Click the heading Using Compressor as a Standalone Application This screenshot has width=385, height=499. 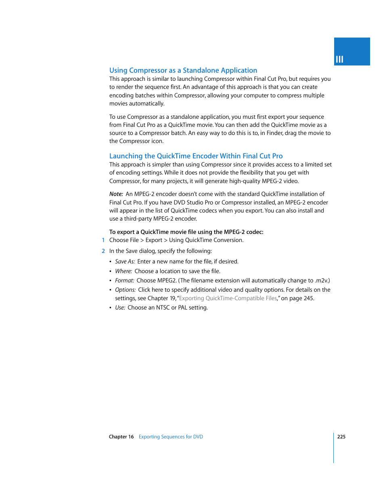point(183,70)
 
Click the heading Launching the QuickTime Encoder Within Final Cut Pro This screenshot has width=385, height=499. point(196,156)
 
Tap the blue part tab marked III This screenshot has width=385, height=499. point(352,52)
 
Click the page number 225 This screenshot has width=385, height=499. point(341,437)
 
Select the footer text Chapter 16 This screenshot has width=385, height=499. point(121,437)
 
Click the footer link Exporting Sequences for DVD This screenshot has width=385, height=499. point(171,437)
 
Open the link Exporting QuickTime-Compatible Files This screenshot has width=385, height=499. point(228,298)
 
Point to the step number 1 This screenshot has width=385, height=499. point(103,240)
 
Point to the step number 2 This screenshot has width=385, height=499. point(103,251)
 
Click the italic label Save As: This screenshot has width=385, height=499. point(125,261)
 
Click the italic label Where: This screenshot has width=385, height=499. point(123,271)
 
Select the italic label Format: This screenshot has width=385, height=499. point(124,280)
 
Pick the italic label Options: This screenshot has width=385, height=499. point(125,290)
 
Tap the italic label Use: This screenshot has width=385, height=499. point(120,307)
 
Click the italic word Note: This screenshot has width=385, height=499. point(116,194)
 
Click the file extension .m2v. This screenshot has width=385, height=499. point(321,280)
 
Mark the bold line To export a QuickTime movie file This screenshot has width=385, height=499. point(186,232)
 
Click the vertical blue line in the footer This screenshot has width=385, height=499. point(334,448)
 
